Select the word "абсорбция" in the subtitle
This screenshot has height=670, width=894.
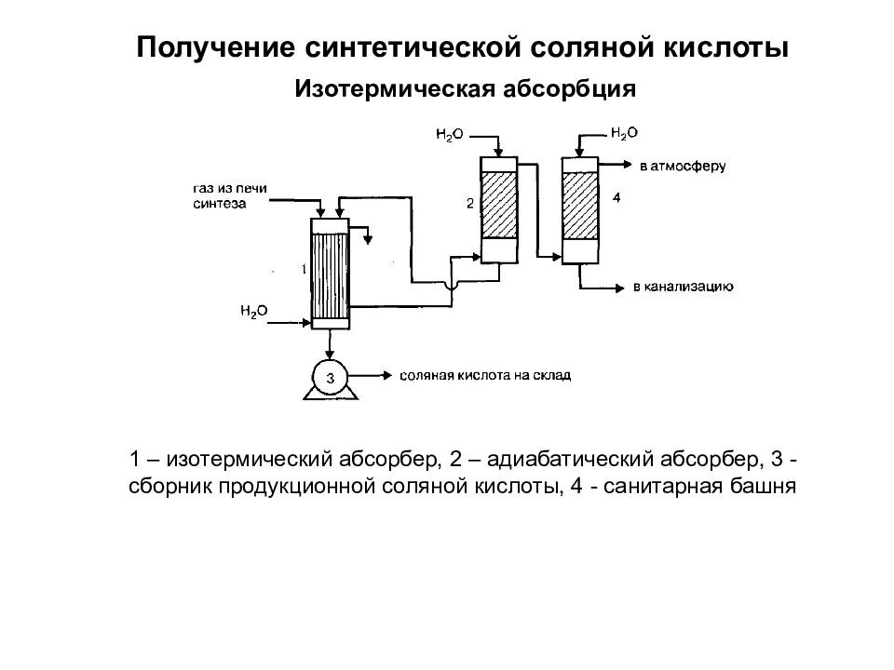pyautogui.click(x=570, y=89)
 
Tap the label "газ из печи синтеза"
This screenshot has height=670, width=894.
pyautogui.click(x=230, y=196)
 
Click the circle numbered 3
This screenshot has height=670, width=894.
pyautogui.click(x=330, y=377)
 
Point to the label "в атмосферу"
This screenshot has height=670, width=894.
pyautogui.click(x=683, y=167)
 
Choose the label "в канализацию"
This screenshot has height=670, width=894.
pyautogui.click(x=683, y=287)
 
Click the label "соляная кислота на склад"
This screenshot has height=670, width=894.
pyautogui.click(x=485, y=375)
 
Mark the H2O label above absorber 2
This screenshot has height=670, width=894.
pyautogui.click(x=450, y=135)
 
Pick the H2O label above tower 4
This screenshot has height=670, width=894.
pyautogui.click(x=624, y=133)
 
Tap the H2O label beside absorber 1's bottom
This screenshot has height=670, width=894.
pyautogui.click(x=253, y=311)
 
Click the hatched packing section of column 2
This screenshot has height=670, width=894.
pyautogui.click(x=499, y=205)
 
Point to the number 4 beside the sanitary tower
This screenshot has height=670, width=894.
pyautogui.click(x=616, y=197)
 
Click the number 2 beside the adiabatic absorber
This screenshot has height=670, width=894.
pyautogui.click(x=470, y=204)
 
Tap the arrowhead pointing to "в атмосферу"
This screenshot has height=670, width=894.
pyautogui.click(x=628, y=166)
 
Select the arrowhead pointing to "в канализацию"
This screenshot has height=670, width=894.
pyautogui.click(x=620, y=288)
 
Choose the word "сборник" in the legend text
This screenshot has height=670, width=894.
pyautogui.click(x=169, y=487)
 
